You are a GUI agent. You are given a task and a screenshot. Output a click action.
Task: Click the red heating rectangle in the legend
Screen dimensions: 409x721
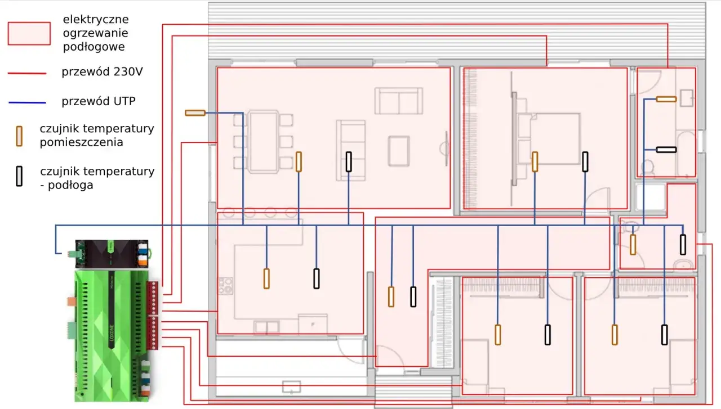coord(29,33)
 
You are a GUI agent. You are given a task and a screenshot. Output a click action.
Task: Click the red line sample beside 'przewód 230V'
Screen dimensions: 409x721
coord(27,73)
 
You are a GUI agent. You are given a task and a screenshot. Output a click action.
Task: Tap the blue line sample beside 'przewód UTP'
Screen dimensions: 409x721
coord(27,102)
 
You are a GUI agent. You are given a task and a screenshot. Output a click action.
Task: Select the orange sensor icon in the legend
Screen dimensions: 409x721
coord(19,136)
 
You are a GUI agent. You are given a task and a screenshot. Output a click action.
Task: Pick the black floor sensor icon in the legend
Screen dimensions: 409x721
coord(19,177)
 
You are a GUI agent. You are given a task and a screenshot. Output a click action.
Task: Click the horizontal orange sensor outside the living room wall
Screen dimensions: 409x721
coord(195,113)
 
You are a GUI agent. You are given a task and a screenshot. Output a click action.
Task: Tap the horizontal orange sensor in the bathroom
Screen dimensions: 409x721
coord(666,99)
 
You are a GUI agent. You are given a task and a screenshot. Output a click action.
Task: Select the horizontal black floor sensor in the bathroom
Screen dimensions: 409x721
coord(666,150)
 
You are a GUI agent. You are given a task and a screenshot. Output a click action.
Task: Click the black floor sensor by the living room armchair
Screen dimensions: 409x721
coord(349,162)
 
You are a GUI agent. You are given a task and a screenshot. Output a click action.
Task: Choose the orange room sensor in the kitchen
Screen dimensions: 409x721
coord(266,278)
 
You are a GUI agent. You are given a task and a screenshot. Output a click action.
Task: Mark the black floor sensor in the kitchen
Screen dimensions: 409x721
coord(317,278)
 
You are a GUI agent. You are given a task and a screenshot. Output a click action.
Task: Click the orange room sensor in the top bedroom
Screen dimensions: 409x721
coord(535,161)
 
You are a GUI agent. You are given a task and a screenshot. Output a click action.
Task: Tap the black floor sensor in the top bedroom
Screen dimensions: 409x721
coord(585,161)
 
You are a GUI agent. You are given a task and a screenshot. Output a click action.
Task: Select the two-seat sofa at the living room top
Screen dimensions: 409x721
coord(399,101)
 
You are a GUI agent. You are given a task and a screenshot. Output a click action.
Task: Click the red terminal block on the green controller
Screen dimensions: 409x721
coord(153,315)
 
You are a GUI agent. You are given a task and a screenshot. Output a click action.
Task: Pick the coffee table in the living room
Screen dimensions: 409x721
coord(399,151)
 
